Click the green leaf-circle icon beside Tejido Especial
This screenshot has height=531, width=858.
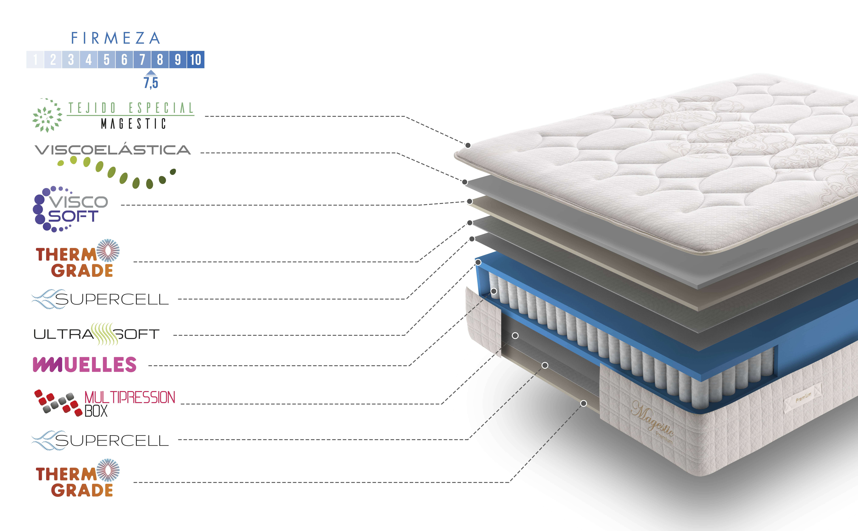pyautogui.click(x=47, y=115)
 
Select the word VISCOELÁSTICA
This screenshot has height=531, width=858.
pyautogui.click(x=113, y=150)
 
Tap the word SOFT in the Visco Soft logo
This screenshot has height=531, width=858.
pyautogui.click(x=73, y=216)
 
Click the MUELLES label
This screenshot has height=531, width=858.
pyautogui.click(x=85, y=365)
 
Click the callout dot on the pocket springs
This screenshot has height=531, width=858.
pyautogui.click(x=494, y=291)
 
